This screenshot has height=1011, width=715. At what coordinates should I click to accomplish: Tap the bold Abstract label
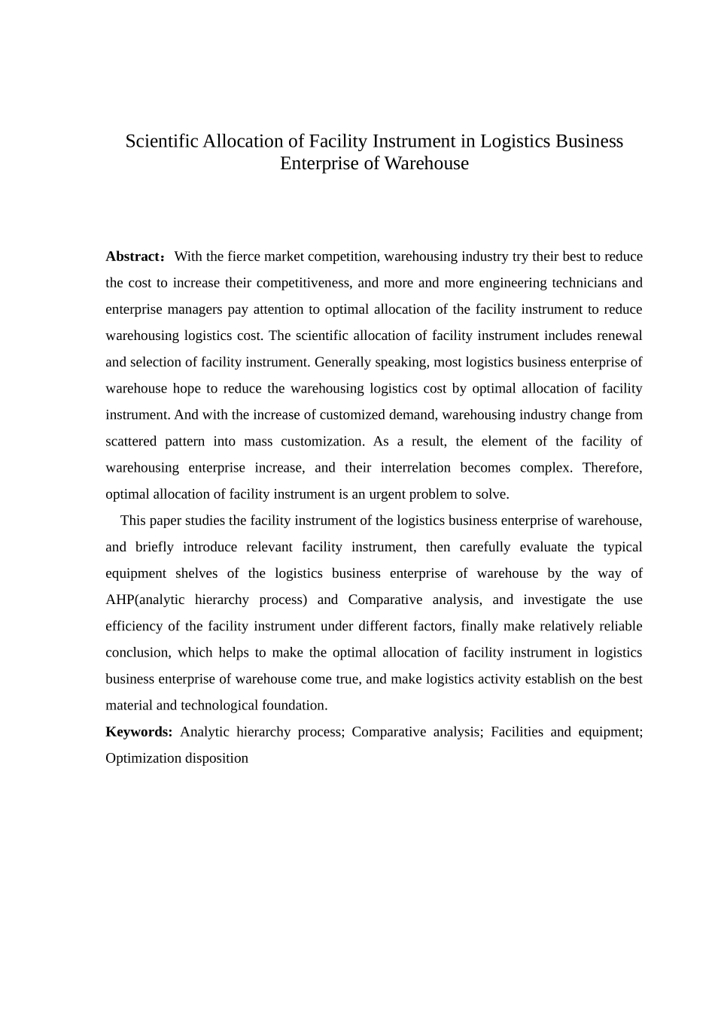pos(133,257)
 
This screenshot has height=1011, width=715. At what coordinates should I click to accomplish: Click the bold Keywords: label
pos(139,732)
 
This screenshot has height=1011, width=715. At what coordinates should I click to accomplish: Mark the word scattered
pos(131,442)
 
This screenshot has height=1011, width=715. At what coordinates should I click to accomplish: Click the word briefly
pos(154,547)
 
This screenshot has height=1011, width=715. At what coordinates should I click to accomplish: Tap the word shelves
pos(196,573)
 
